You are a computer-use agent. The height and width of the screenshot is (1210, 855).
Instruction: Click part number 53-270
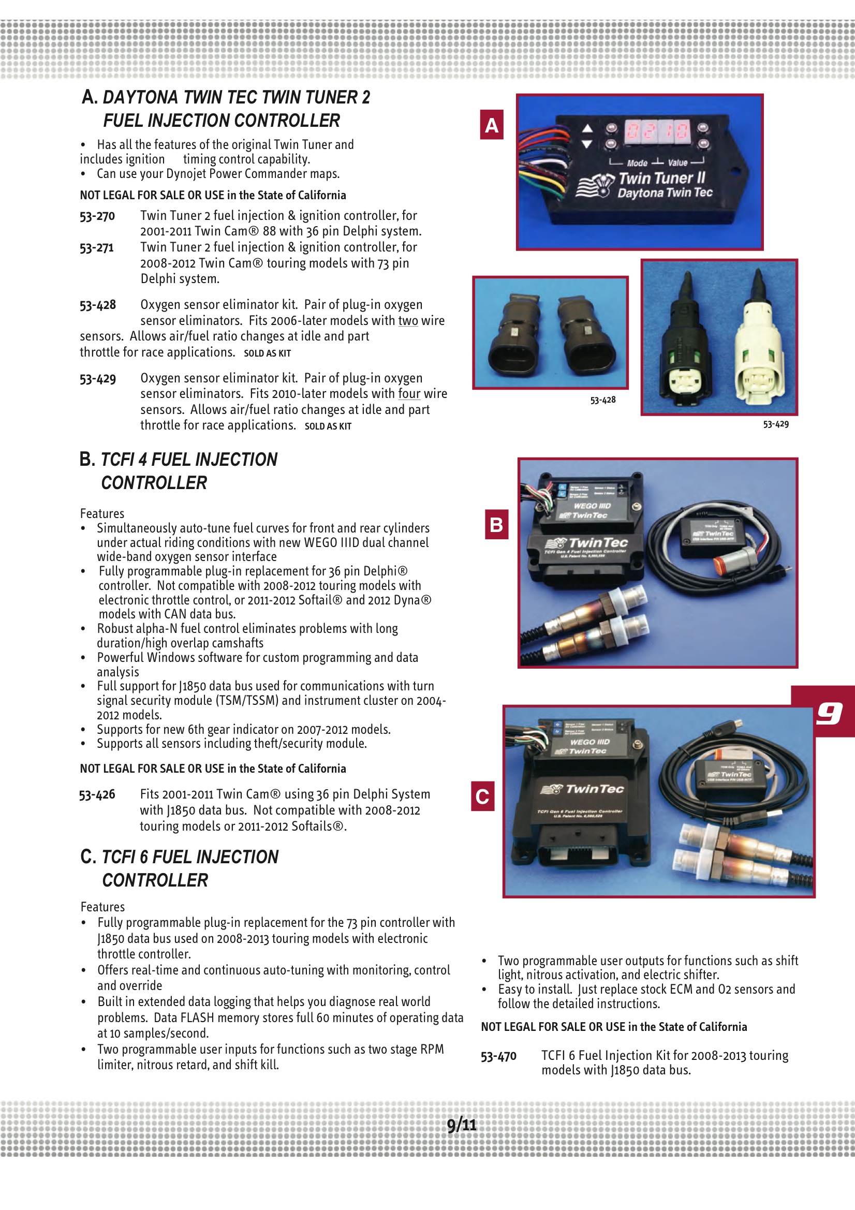point(97,216)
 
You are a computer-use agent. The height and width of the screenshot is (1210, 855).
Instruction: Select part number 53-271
point(96,248)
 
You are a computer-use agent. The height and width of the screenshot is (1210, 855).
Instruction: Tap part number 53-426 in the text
point(97,795)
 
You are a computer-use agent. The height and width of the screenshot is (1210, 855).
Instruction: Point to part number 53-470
point(498,1056)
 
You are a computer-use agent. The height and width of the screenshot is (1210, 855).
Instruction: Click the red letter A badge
point(491,125)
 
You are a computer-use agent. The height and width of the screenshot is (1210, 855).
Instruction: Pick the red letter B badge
point(496,524)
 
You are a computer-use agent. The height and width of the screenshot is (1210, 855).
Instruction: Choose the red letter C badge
point(482,796)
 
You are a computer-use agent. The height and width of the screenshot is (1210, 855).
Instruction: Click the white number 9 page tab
point(829,714)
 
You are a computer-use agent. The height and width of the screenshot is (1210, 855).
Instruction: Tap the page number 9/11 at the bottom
point(461,1125)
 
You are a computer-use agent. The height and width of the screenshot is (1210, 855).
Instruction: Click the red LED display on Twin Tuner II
point(657,131)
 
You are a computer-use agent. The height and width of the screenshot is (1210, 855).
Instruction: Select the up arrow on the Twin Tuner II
point(587,128)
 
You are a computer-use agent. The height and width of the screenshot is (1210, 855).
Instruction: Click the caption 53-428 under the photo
point(602,400)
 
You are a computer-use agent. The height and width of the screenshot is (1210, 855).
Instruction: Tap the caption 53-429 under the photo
point(775,424)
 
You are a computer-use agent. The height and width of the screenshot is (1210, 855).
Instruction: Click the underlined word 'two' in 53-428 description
point(407,320)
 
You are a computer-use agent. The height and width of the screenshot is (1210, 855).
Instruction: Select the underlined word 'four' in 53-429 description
point(409,394)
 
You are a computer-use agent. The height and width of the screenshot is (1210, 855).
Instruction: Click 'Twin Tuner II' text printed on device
point(661,178)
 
